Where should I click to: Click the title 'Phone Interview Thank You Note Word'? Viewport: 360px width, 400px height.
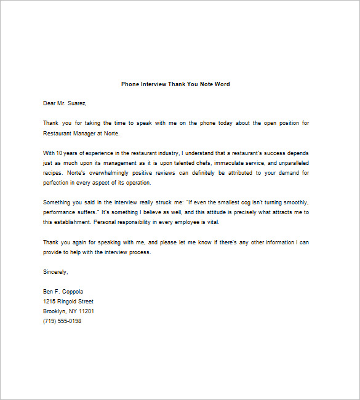[x=175, y=84]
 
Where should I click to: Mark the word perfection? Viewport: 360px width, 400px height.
[x=57, y=183]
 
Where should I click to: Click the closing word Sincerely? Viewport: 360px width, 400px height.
[x=55, y=271]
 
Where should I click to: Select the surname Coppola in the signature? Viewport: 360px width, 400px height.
[x=71, y=292]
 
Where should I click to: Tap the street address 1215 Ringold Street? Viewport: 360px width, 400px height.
[x=68, y=302]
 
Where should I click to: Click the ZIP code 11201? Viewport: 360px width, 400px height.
[x=85, y=311]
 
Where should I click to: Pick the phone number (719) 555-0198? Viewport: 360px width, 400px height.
[x=62, y=321]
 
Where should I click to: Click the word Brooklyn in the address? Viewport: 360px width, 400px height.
[x=56, y=311]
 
